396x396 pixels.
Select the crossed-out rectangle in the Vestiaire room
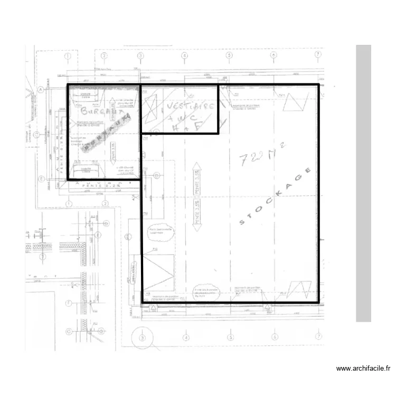click(151, 108)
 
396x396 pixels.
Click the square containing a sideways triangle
click(158, 272)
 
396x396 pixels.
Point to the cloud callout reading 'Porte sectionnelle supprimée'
click(161, 233)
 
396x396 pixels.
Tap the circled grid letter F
click(68, 303)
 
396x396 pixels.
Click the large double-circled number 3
click(141, 338)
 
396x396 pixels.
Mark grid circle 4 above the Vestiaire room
click(184, 55)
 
